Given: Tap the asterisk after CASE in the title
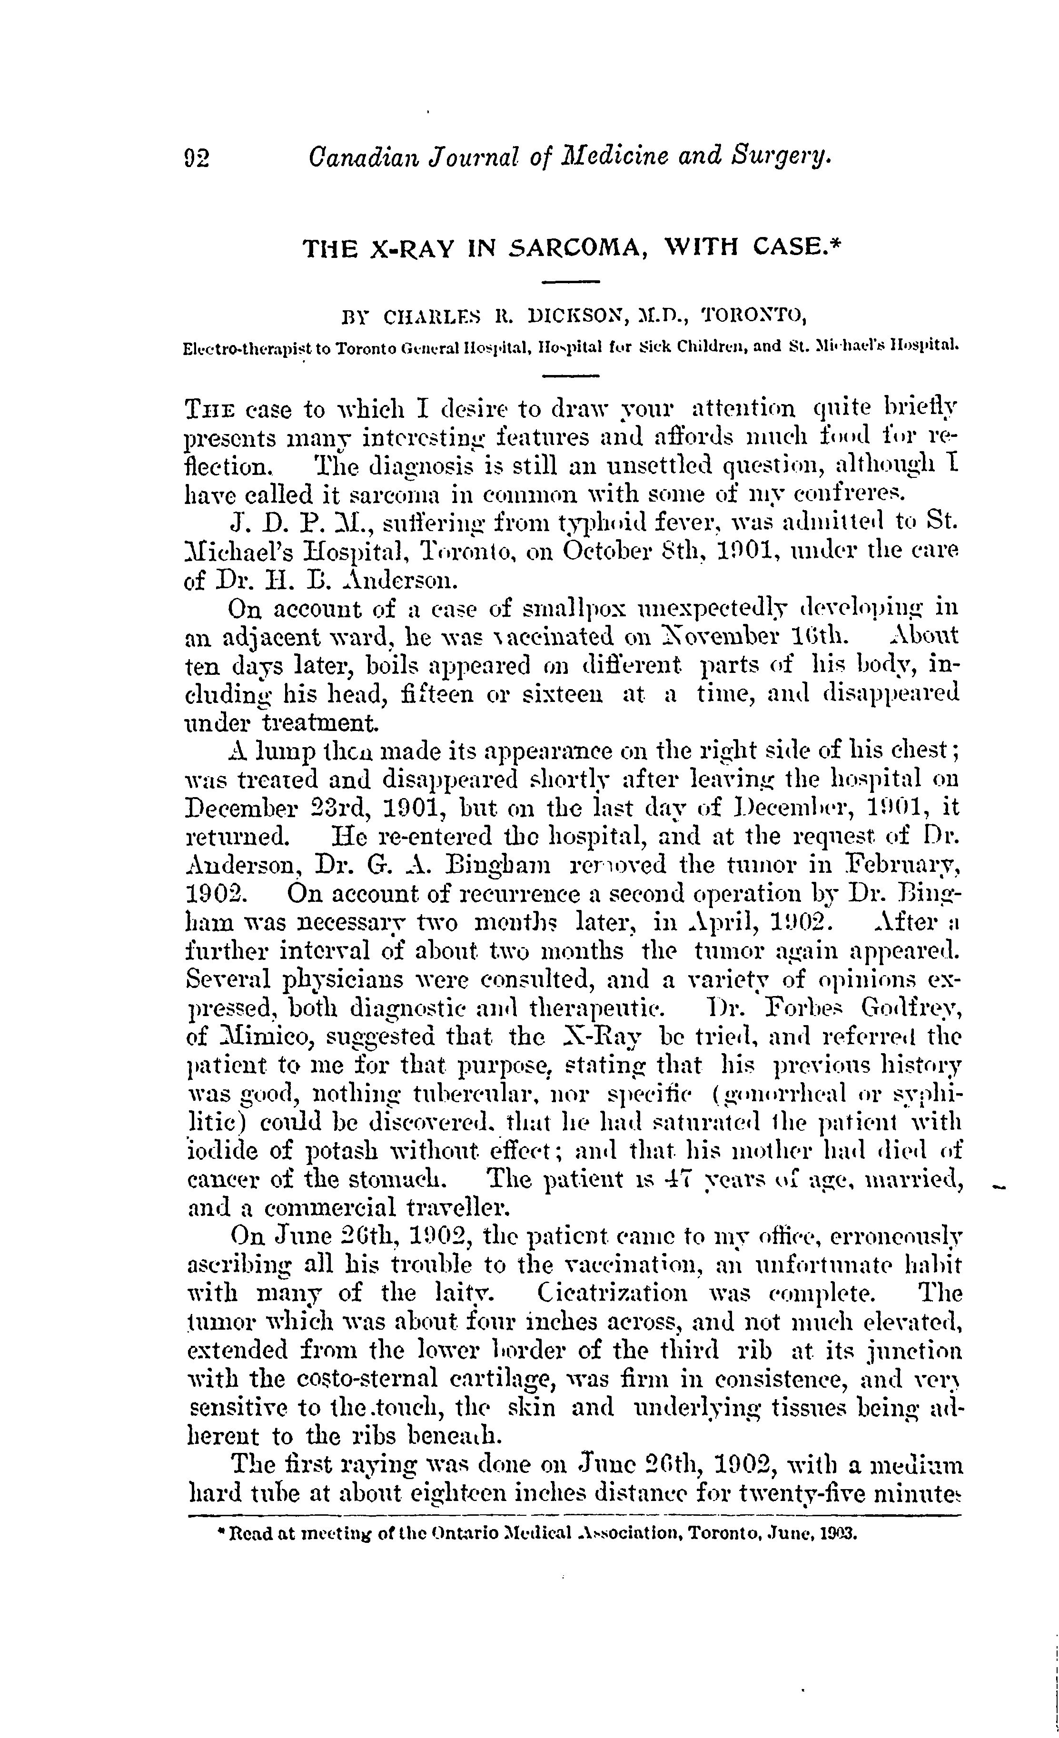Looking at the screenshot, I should click(832, 243).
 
